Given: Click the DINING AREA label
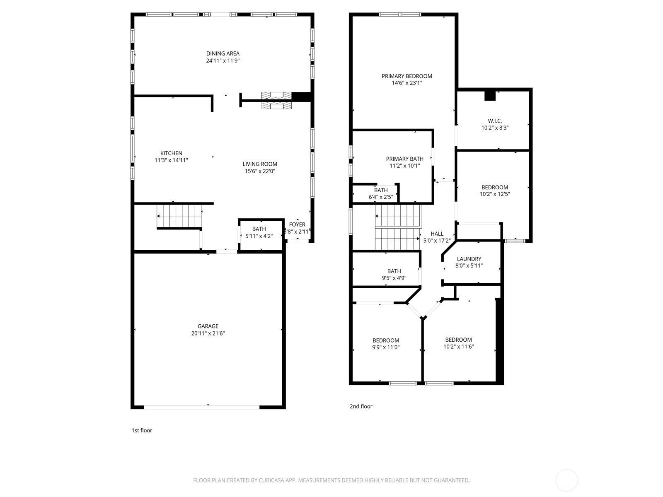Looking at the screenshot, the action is tap(223, 53).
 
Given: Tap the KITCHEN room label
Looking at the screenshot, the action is tap(171, 153).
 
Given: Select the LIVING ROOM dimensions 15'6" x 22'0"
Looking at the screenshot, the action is tap(260, 171).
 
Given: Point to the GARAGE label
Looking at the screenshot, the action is tap(208, 326).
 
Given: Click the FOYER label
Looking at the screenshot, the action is tap(297, 224).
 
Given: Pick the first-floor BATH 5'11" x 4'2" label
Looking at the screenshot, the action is tap(259, 232).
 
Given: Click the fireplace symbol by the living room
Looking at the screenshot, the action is tap(276, 101).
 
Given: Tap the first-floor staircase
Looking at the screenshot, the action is tap(179, 216).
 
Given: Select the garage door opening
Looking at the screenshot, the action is tap(201, 407).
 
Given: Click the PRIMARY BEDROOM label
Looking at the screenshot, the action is tap(407, 76).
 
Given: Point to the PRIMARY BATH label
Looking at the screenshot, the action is tap(404, 159).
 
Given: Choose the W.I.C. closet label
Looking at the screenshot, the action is tap(495, 121).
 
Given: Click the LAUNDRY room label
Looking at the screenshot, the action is tap(469, 259).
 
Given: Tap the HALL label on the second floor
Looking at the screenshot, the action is tap(437, 234).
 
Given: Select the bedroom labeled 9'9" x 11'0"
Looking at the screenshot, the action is tap(386, 344).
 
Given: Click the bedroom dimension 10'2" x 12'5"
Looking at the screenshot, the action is tap(495, 194).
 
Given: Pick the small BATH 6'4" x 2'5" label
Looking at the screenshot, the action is tap(380, 194).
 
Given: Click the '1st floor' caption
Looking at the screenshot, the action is tap(142, 430).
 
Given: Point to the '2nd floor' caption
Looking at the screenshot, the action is tap(361, 406).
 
